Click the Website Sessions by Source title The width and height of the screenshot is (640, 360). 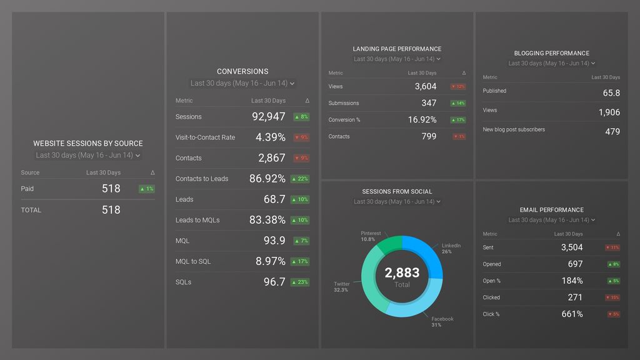coord(87,143)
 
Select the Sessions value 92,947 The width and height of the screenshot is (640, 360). coord(268,117)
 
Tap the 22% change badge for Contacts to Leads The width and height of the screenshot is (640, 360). coord(301,179)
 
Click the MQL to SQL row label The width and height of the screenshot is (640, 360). coord(192,261)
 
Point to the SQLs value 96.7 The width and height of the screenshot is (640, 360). coord(274,282)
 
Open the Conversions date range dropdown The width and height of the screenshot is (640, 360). coord(242,83)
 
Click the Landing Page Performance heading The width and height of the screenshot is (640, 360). coord(397,49)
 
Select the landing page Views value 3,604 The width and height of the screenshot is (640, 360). coord(425,87)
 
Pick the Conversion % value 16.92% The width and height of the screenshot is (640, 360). coord(422,120)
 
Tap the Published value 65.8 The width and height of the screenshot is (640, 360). coord(611,93)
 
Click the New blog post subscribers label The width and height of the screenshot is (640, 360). coord(514,130)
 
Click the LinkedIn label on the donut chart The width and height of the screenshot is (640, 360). coord(451,246)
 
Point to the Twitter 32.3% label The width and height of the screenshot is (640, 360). coord(341,287)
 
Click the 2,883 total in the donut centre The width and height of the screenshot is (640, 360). coord(402,273)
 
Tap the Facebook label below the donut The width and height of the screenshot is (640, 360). coord(442,319)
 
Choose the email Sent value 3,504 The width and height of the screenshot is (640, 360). coord(571,247)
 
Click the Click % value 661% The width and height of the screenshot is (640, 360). coord(572,314)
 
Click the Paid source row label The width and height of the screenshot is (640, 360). coord(27,189)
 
